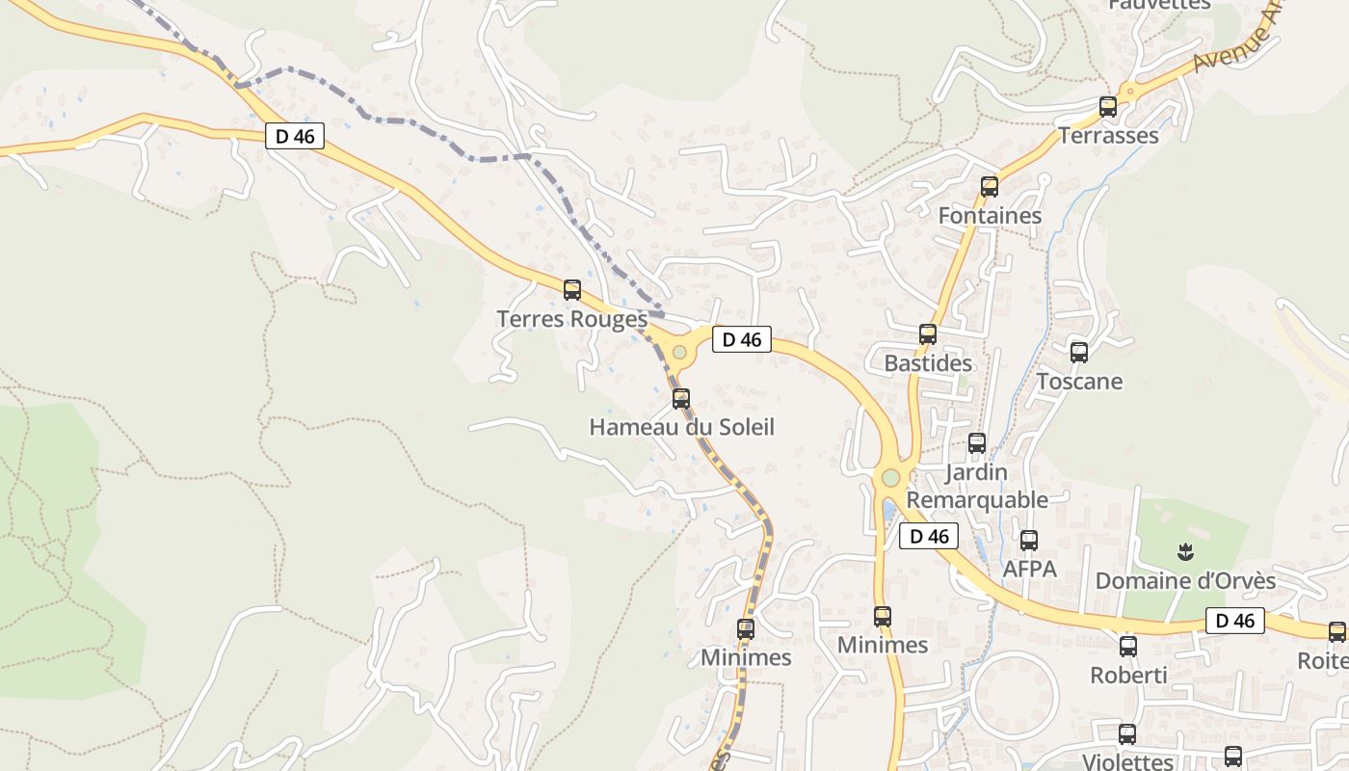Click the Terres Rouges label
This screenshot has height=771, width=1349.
pyautogui.click(x=571, y=319)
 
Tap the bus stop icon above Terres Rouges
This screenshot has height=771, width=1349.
pyautogui.click(x=572, y=289)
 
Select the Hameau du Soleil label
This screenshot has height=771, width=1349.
pyautogui.click(x=681, y=427)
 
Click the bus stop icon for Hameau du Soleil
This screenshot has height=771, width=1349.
pyautogui.click(x=681, y=398)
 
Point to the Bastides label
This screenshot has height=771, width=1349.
pyautogui.click(x=928, y=364)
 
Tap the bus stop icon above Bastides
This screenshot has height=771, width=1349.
pyautogui.click(x=928, y=334)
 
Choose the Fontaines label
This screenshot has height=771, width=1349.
pyautogui.click(x=990, y=216)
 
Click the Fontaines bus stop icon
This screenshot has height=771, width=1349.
pyautogui.click(x=990, y=187)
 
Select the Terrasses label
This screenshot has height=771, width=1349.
pyautogui.click(x=1108, y=136)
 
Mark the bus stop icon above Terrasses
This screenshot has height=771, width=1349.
pyautogui.click(x=1108, y=107)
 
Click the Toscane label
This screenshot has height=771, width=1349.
pyautogui.click(x=1079, y=382)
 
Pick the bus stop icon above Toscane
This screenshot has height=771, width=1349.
pyautogui.click(x=1079, y=353)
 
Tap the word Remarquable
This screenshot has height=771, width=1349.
pyautogui.click(x=977, y=500)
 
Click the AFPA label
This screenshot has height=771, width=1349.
pyautogui.click(x=1029, y=570)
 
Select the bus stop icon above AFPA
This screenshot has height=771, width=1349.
pyautogui.click(x=1029, y=541)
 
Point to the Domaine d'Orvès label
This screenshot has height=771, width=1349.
pyautogui.click(x=1185, y=581)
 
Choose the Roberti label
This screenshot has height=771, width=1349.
pyautogui.click(x=1128, y=676)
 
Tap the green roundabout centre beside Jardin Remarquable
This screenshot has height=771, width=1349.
pyautogui.click(x=890, y=477)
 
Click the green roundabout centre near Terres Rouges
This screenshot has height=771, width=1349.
pyautogui.click(x=680, y=352)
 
